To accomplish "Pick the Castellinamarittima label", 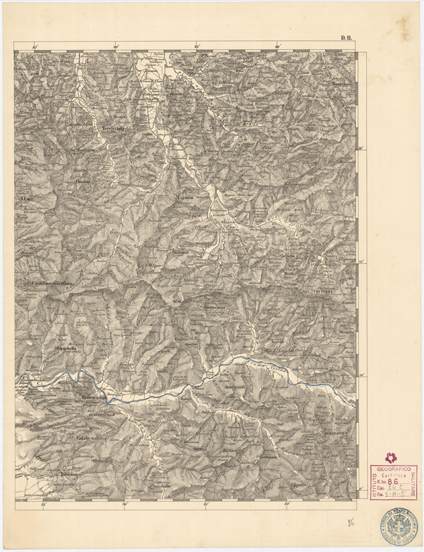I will pyautogui.click(x=55, y=283).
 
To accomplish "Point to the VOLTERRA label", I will pyautogui.click(x=324, y=291).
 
